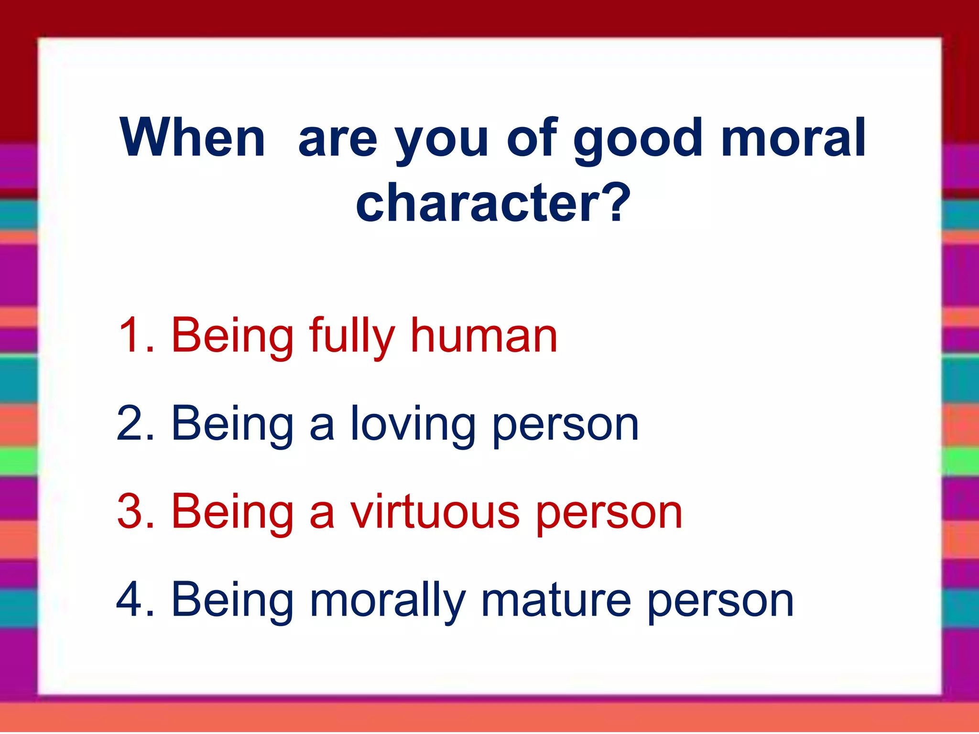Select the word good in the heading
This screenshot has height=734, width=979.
pos(638,139)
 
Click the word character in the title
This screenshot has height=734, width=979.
pos(478,203)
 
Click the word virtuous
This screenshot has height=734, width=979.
pos(435,512)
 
